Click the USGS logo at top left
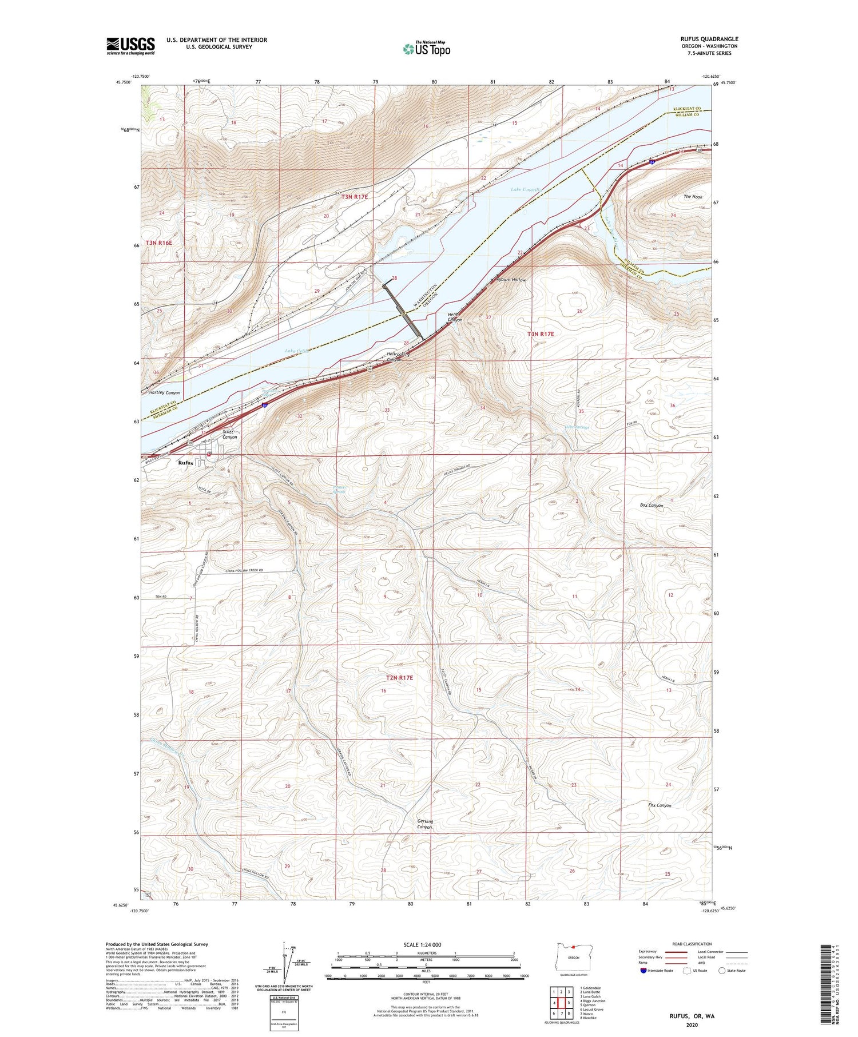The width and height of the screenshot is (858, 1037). pyautogui.click(x=130, y=46)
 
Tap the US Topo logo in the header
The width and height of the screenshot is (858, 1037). pyautogui.click(x=426, y=49)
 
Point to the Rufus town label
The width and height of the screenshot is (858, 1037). pyautogui.click(x=185, y=463)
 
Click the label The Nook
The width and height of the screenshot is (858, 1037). pyautogui.click(x=692, y=197)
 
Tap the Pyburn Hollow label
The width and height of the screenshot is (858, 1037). pyautogui.click(x=511, y=280)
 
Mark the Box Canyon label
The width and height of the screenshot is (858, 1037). pyautogui.click(x=652, y=506)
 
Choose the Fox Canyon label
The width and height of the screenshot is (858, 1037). pyautogui.click(x=660, y=805)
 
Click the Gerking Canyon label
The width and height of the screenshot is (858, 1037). pyautogui.click(x=424, y=824)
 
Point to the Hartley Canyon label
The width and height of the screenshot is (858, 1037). pyautogui.click(x=164, y=393)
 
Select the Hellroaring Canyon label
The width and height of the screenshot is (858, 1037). pyautogui.click(x=398, y=357)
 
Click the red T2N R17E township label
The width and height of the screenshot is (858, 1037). pyautogui.click(x=399, y=678)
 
